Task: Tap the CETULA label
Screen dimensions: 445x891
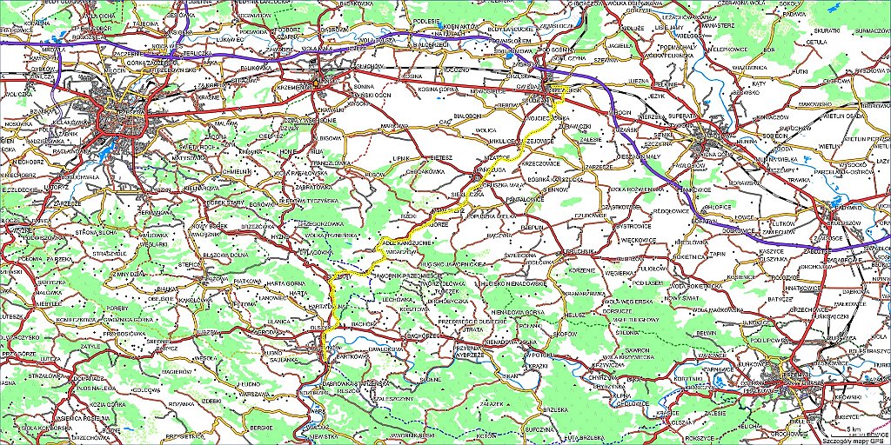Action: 816,41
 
